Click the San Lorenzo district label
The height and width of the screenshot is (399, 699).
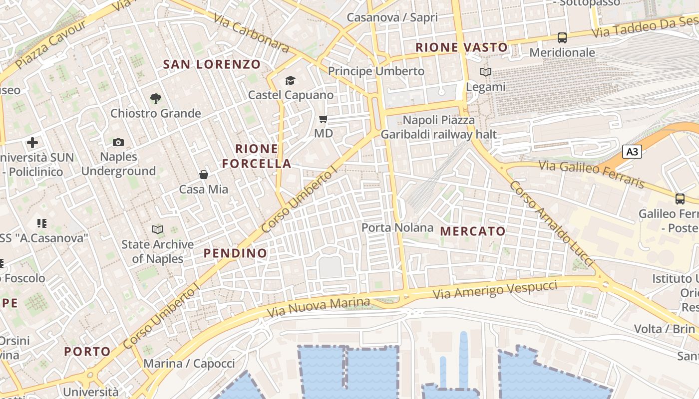click(x=212, y=64)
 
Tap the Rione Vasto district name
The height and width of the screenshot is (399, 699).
click(x=461, y=48)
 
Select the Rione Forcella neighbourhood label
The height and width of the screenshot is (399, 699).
click(x=257, y=156)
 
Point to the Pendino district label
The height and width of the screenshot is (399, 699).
click(x=235, y=253)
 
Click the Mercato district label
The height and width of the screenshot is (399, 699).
click(x=473, y=231)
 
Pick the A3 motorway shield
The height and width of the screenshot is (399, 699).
click(x=632, y=152)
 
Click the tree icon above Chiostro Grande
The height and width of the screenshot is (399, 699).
click(x=156, y=98)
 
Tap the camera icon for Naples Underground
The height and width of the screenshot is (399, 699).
click(x=118, y=143)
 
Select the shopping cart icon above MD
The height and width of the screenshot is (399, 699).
click(x=324, y=119)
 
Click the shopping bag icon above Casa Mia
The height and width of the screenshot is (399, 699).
click(x=204, y=175)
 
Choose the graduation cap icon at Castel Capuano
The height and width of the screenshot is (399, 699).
click(x=291, y=80)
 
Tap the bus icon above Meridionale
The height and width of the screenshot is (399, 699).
click(x=562, y=37)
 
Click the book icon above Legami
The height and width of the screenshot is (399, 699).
click(x=486, y=72)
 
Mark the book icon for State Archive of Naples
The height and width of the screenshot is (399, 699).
click(x=158, y=229)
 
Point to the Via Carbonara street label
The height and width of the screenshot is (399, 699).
click(x=252, y=32)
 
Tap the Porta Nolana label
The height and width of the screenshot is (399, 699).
click(x=397, y=228)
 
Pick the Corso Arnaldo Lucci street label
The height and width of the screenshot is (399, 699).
click(x=551, y=223)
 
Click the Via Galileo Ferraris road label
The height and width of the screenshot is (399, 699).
click(x=591, y=174)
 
